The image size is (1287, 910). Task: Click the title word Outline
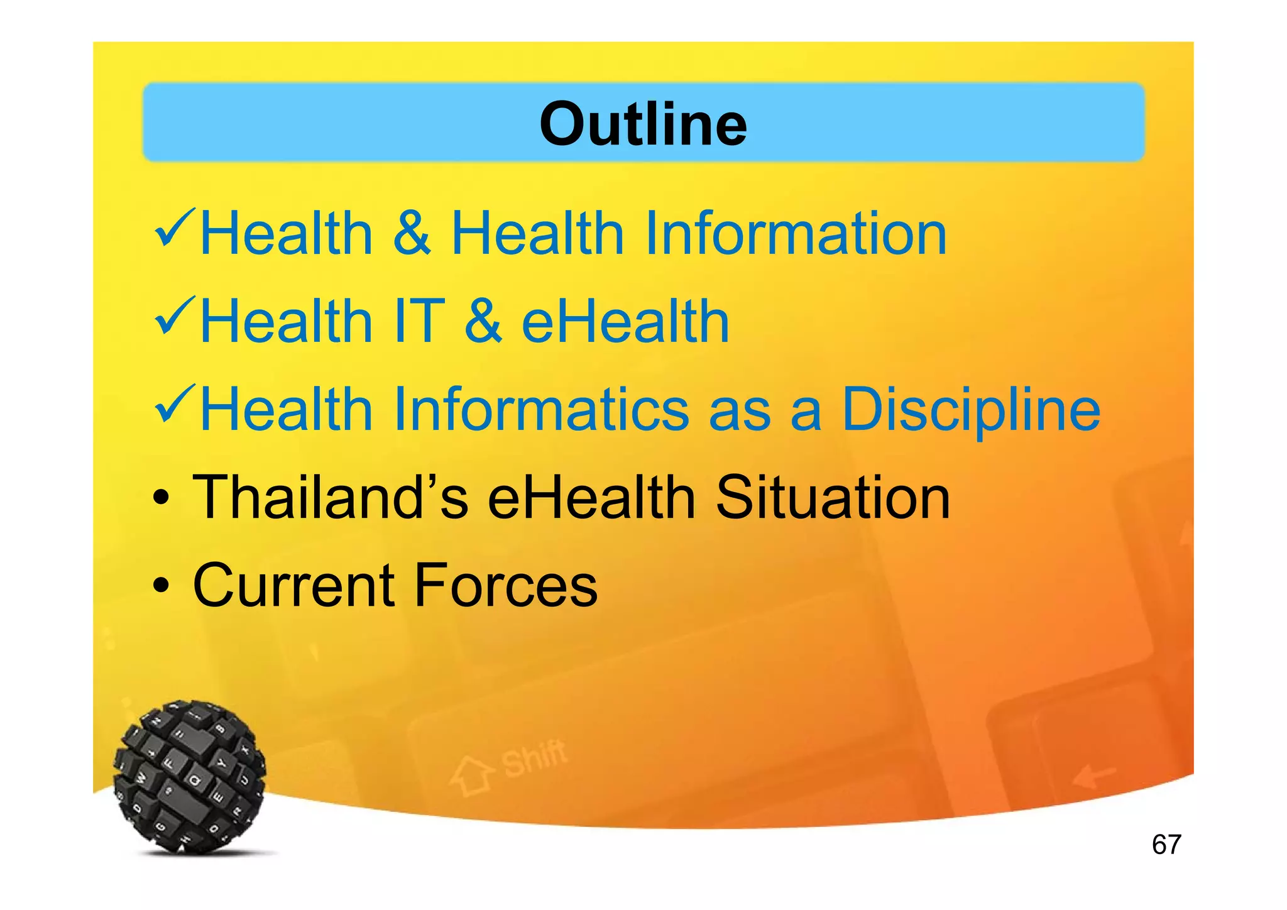(x=643, y=124)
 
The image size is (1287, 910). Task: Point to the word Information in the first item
(x=795, y=233)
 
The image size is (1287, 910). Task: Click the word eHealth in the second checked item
(x=625, y=321)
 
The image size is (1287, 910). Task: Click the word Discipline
(x=971, y=410)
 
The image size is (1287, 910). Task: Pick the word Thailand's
(x=331, y=497)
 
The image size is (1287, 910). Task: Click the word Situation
(x=833, y=497)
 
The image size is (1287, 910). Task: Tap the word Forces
(x=506, y=585)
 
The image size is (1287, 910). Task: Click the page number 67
(x=1166, y=844)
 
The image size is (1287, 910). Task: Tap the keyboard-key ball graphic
(x=190, y=777)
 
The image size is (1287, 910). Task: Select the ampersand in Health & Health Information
(x=412, y=233)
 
